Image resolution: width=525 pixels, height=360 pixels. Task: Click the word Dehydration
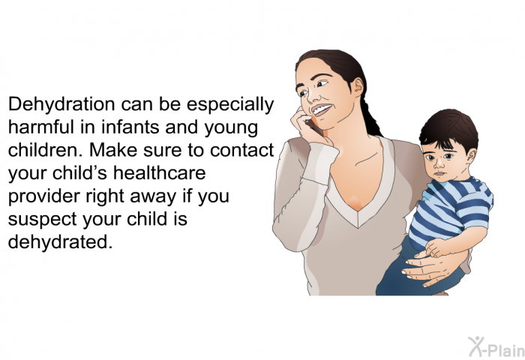pyautogui.click(x=61, y=104)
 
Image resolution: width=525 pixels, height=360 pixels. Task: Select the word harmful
pyautogui.click(x=41, y=127)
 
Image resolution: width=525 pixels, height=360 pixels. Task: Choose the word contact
pyautogui.click(x=242, y=150)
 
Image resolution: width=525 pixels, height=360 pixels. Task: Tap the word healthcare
pyautogui.click(x=159, y=172)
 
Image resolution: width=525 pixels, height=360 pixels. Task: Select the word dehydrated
pyautogui.click(x=60, y=241)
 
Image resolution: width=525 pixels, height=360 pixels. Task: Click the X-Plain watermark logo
pyautogui.click(x=496, y=346)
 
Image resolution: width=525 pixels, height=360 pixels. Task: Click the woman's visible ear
pyautogui.click(x=358, y=85)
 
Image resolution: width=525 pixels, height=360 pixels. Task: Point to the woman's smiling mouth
pyautogui.click(x=322, y=109)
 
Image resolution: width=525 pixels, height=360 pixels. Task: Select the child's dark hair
pyautogui.click(x=449, y=130)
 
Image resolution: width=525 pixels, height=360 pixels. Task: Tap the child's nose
pyautogui.click(x=438, y=163)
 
